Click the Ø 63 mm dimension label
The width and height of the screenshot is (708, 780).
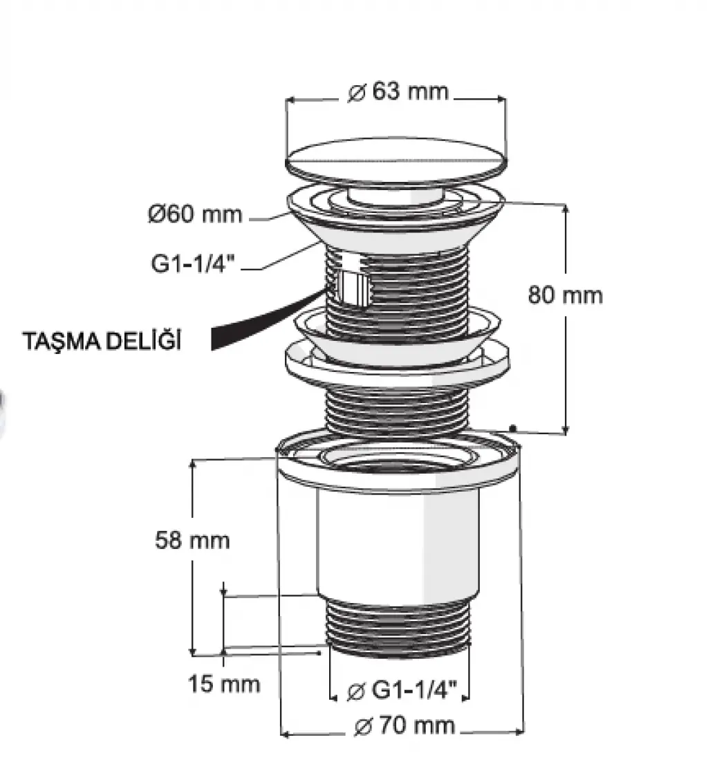(x=398, y=92)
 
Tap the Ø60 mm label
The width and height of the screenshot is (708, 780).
(x=195, y=214)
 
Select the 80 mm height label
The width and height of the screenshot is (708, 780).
(x=565, y=295)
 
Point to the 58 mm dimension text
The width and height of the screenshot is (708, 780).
(x=192, y=540)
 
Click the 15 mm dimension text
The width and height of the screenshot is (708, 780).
(x=224, y=684)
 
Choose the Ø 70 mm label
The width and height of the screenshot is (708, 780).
(x=404, y=726)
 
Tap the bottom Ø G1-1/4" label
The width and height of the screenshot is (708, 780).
(x=402, y=691)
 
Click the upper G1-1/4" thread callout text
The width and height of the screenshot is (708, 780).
(x=192, y=263)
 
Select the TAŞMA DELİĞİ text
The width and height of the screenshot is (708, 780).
(x=102, y=342)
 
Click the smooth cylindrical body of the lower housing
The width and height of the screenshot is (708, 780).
(x=398, y=542)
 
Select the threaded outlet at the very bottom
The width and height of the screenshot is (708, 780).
(x=398, y=628)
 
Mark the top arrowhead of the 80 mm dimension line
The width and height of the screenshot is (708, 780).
(x=565, y=208)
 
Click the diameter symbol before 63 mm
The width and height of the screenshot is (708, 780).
(x=356, y=93)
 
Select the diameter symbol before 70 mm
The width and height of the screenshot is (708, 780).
(x=364, y=727)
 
